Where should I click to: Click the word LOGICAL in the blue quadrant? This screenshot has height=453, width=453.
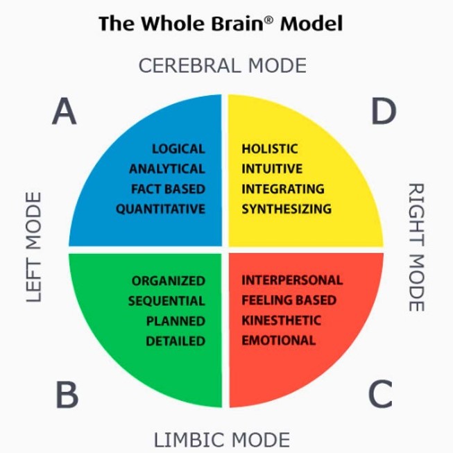pos(178,148)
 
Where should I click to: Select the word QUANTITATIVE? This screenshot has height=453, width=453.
pos(160,209)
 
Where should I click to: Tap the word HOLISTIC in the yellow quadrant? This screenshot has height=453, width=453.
pos(270,148)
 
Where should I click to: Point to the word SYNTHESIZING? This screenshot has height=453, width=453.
pos(287,209)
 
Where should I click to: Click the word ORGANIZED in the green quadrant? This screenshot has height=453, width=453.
pos(169,281)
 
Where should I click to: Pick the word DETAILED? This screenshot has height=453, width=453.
pos(176,341)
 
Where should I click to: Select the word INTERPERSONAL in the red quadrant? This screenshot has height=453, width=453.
pos(292,280)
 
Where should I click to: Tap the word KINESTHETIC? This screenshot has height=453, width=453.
pos(281,320)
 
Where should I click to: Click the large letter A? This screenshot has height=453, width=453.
pos(64,112)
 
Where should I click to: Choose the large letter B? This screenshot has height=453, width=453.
pos(66,395)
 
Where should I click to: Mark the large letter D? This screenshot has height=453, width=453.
pos(383,112)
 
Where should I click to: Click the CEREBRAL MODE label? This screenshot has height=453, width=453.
pos(222,66)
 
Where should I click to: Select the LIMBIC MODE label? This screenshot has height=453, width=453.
pos(221,440)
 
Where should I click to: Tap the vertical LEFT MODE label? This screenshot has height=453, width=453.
pos(34,247)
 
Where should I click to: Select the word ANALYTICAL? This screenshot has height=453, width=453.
pos(167,169)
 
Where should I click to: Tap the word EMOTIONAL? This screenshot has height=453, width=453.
pos(278,341)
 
